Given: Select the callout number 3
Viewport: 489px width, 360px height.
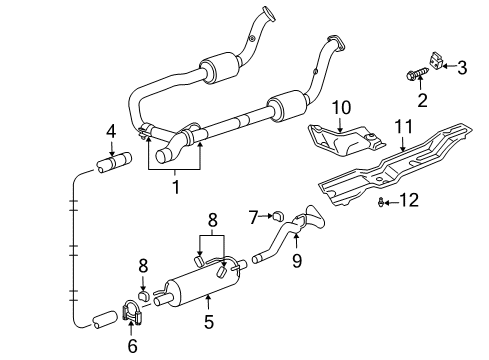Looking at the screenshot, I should pyautogui.click(x=462, y=68).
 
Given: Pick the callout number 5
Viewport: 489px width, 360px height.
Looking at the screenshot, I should pyautogui.click(x=209, y=323).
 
